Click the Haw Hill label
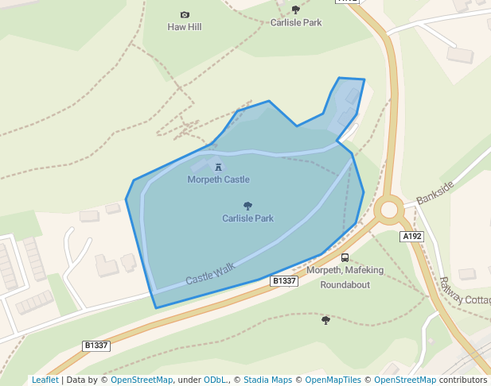click(x=185, y=27)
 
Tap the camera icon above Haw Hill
click(x=185, y=14)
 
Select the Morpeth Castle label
click(x=218, y=179)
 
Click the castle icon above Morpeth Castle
click(x=218, y=167)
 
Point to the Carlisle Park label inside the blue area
click(x=247, y=218)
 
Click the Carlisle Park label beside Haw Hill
click(x=296, y=23)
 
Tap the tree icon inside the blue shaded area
click(x=247, y=206)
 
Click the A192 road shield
click(x=411, y=237)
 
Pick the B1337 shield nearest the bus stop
click(x=284, y=281)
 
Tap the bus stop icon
click(x=345, y=257)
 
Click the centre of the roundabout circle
click(x=389, y=210)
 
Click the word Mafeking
click(x=363, y=270)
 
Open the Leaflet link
click(x=45, y=380)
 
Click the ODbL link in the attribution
click(x=215, y=380)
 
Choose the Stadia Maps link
click(x=267, y=380)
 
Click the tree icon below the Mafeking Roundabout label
click(x=325, y=320)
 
